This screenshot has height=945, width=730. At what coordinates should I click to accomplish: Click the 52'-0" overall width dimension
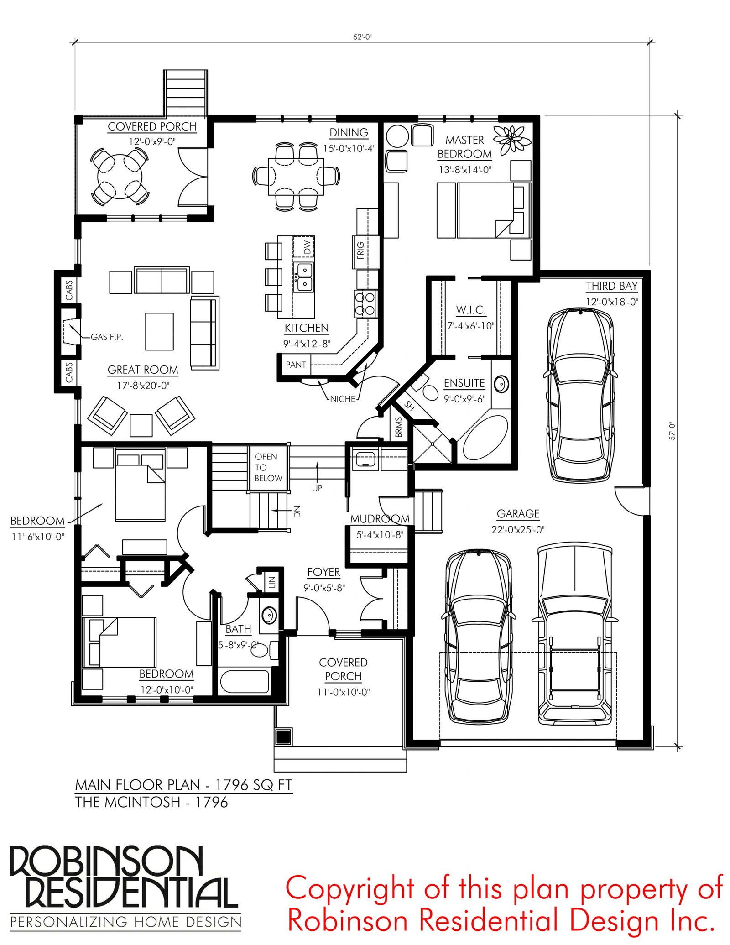[362, 37]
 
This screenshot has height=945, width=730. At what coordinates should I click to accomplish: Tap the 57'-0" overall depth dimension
[672, 431]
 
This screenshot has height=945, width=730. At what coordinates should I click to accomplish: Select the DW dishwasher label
[308, 247]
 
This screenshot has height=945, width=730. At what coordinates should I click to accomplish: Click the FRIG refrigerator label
[360, 251]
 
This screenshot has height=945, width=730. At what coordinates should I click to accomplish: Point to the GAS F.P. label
[107, 337]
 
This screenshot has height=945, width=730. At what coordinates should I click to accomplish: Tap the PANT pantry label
[296, 365]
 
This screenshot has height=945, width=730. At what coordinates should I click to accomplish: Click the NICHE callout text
[342, 399]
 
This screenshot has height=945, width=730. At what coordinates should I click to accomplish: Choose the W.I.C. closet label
[471, 310]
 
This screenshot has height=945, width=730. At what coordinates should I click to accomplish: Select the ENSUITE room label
[464, 383]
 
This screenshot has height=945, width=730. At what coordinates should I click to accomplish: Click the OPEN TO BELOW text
[268, 467]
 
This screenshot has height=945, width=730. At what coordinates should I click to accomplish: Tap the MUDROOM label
[380, 519]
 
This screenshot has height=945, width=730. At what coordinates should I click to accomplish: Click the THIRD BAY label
[612, 286]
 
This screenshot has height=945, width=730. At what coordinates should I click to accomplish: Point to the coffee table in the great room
[159, 331]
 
